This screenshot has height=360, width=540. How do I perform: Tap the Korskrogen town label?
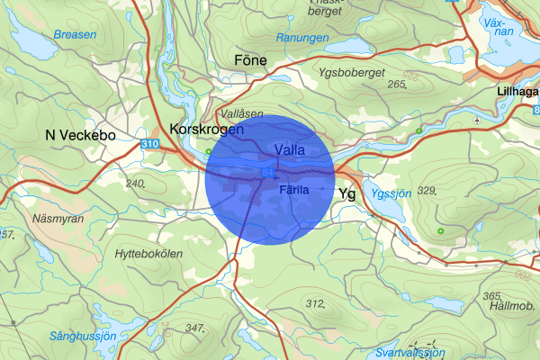pos(206,130)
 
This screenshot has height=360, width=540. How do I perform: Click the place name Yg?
pos(347,193)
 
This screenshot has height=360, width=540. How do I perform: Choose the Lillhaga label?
pos(517,92)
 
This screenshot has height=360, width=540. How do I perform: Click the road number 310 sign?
pos(150,143)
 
